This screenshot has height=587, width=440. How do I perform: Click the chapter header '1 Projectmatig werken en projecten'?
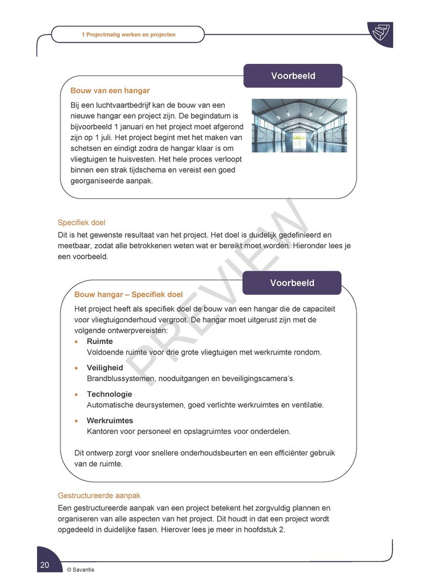(x=128, y=35)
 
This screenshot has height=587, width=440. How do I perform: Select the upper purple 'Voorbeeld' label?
(x=293, y=76)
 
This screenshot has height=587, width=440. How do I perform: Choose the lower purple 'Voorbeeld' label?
(x=292, y=283)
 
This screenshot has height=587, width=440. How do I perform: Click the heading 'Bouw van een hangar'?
(x=110, y=91)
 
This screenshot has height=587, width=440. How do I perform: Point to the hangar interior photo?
(x=299, y=126)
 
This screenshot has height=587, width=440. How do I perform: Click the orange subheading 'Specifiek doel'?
(x=81, y=222)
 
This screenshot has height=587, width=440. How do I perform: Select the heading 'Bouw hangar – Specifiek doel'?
(x=128, y=295)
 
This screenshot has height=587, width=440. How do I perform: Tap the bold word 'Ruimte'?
(x=100, y=341)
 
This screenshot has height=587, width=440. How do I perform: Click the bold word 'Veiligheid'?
(x=105, y=367)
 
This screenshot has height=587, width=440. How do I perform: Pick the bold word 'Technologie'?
(x=109, y=394)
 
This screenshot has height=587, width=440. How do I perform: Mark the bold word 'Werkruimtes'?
(x=110, y=420)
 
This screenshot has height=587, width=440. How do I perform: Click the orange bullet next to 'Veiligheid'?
(x=76, y=368)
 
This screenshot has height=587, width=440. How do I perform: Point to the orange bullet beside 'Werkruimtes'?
(x=76, y=421)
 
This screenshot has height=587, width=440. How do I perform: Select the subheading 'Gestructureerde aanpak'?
(x=99, y=495)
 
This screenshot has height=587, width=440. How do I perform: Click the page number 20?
(x=45, y=565)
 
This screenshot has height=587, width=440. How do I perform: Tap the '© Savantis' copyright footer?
(x=80, y=569)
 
